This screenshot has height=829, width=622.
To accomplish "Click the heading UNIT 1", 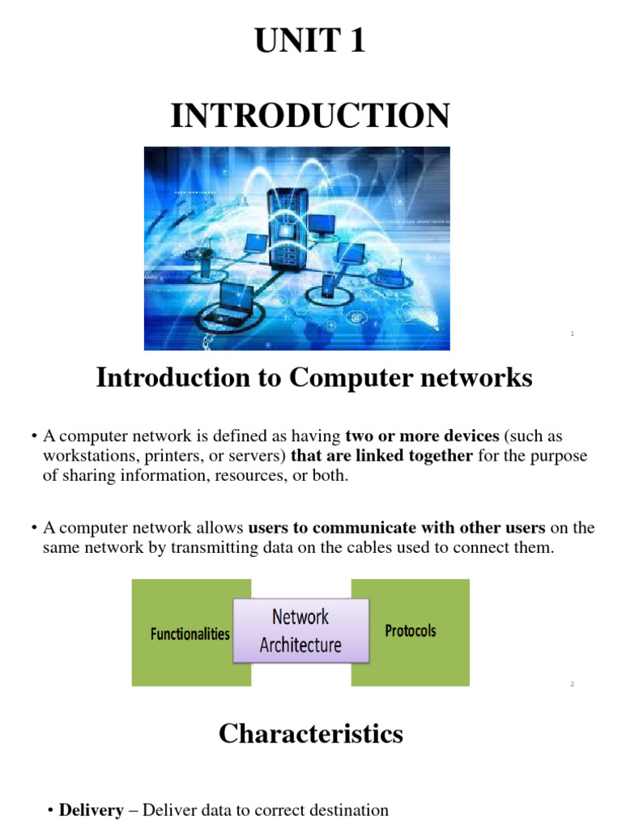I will click(310, 41).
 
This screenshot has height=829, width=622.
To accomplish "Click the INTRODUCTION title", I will click(310, 116).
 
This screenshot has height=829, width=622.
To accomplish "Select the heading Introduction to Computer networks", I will click(314, 377).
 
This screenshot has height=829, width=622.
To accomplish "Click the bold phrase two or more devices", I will click(422, 436).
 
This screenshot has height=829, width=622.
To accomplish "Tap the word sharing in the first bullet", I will click(88, 475).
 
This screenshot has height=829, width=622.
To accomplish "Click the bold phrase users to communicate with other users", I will click(397, 528).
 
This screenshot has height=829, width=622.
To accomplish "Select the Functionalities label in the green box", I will click(190, 635).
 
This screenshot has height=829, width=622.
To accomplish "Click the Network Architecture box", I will click(300, 631).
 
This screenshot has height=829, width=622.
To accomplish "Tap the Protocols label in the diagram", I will click(410, 631).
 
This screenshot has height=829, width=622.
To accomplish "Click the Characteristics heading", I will click(310, 733).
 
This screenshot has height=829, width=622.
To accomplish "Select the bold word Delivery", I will click(92, 810).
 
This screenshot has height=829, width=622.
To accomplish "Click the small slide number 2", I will click(572, 685).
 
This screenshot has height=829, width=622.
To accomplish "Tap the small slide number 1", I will click(572, 334).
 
